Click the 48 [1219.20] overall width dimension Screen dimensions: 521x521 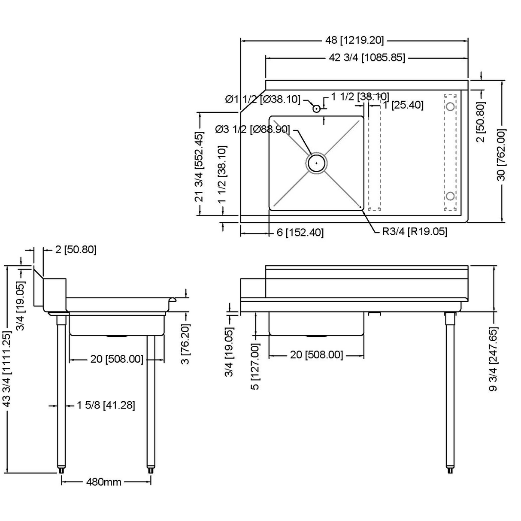pos(354,41)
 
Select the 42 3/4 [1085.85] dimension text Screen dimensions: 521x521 pos(367,58)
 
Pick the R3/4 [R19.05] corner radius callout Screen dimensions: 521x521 pos(415,232)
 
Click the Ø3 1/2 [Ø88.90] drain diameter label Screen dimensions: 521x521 pos(252,129)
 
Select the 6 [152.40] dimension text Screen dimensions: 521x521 pos(300,233)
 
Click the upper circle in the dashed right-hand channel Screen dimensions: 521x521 pos(450,106)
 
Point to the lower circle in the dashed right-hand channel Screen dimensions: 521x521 pos(450,197)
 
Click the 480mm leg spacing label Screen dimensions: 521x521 pos(104,482)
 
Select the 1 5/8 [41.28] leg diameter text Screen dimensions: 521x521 pos(106,405)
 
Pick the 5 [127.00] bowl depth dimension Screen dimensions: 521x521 pos(255,366)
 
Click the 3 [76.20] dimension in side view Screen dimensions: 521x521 pos(185,343)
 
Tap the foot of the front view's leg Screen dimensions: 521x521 pos(450,470)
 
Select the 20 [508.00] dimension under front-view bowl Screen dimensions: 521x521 pos(317,355)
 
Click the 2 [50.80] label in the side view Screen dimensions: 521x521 pos(76,250)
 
